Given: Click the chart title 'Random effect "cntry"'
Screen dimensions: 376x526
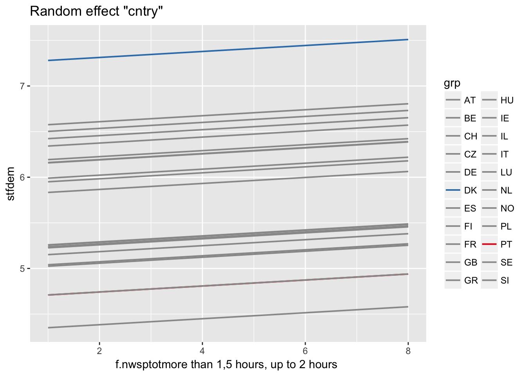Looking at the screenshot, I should [x=96, y=12].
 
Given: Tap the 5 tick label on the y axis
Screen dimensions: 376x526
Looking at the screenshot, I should [x=22, y=269].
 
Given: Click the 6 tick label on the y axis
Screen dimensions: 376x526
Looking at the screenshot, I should [x=22, y=177].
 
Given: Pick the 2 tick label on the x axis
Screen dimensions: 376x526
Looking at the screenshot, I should [x=99, y=351].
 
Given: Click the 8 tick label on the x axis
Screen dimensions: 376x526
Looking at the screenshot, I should [x=408, y=351].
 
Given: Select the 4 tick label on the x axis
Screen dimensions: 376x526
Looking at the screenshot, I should [x=202, y=351].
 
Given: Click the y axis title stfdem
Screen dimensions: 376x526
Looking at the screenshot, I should [x=11, y=183].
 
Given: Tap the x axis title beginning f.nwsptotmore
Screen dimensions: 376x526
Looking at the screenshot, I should [x=226, y=365].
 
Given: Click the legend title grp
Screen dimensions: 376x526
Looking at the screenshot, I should [x=452, y=83].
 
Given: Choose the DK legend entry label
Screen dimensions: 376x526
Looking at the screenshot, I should [x=470, y=191].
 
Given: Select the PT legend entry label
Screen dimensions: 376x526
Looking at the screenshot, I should [x=506, y=245].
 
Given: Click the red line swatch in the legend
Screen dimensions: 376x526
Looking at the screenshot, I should [x=489, y=244].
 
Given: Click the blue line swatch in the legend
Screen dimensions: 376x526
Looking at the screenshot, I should [x=453, y=190].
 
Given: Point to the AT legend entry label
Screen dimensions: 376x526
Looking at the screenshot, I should [x=470, y=101].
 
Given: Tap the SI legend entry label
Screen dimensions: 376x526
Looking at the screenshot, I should [x=504, y=281].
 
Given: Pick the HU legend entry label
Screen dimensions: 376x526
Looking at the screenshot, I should [x=507, y=101].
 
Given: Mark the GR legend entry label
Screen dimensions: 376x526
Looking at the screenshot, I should [x=471, y=281].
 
